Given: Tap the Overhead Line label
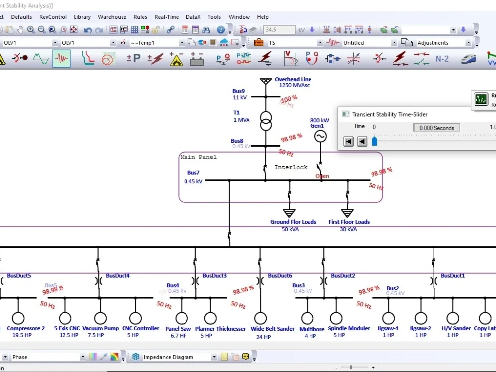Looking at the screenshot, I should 293,79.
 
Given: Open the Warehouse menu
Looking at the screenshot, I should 112,17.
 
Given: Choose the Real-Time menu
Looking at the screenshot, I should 167,17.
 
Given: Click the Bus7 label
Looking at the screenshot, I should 193,173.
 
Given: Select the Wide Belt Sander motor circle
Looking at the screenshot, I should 260,318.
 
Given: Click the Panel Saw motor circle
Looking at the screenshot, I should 182,318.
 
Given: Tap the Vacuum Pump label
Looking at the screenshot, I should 100,328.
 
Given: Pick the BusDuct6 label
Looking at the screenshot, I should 280,276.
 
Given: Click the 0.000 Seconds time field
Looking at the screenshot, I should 436,128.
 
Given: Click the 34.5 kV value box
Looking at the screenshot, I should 279,30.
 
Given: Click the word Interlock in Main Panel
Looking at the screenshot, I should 291,167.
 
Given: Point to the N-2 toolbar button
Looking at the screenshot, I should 442,59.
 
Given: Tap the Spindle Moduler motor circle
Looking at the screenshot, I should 336,318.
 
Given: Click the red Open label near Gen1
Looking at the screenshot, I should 322,176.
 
